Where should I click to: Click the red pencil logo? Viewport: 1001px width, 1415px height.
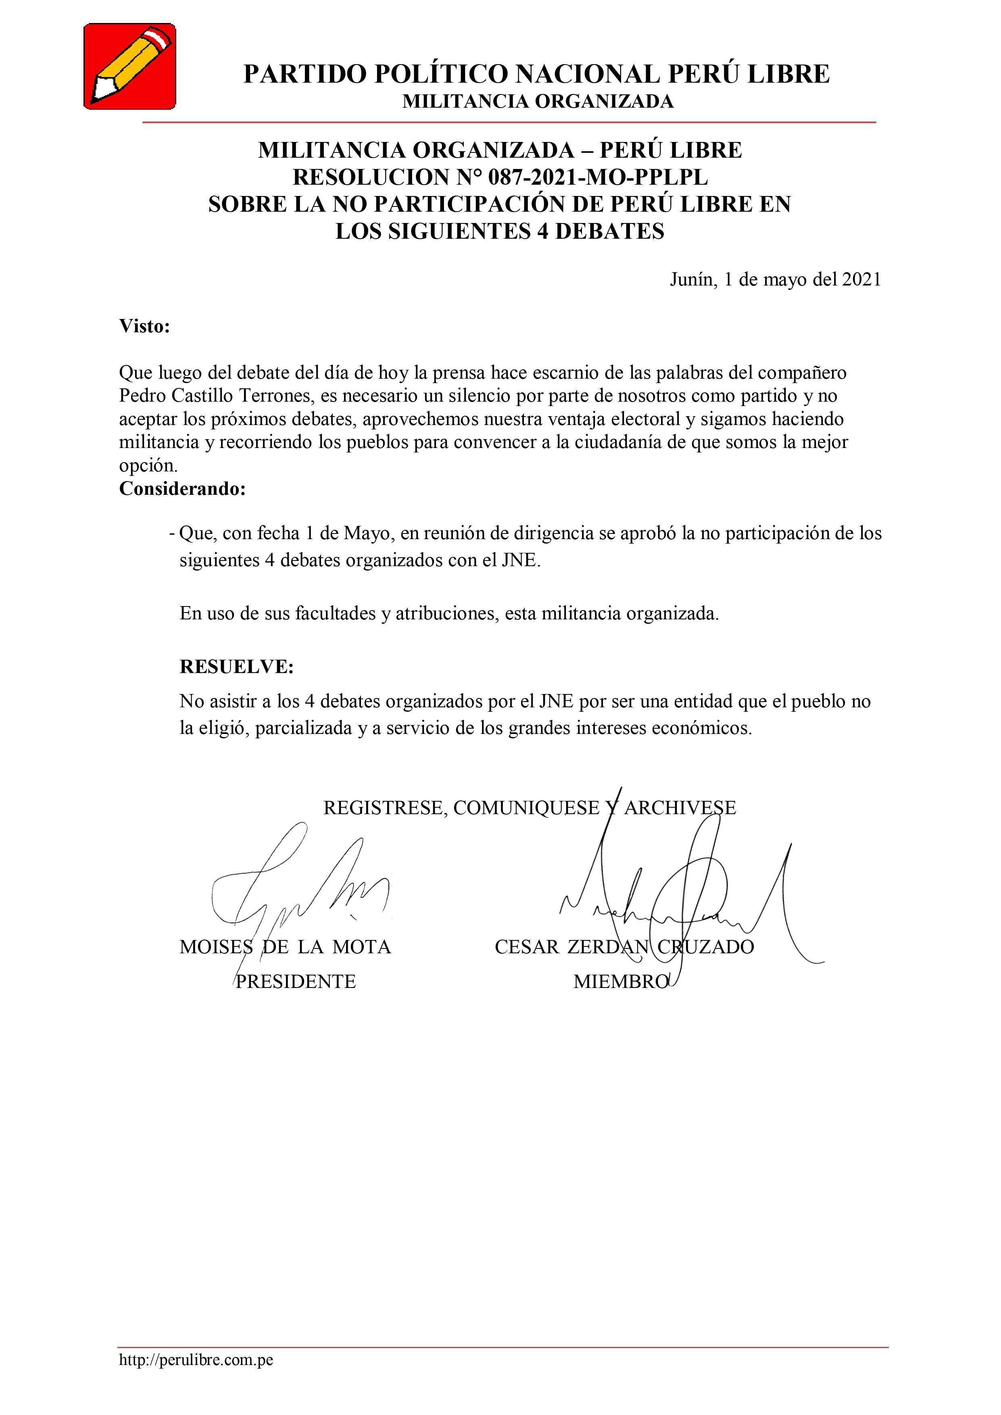point(129,67)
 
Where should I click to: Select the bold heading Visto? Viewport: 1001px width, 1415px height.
point(144,326)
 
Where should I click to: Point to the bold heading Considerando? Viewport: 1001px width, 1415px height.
point(182,489)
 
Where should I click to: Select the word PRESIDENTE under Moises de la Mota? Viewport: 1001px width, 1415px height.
point(296,981)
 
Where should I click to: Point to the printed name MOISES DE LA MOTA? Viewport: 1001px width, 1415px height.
point(285,946)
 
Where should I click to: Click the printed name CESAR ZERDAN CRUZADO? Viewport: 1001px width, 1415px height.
point(624,946)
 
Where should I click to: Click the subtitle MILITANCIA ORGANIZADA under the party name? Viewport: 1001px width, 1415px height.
point(538,102)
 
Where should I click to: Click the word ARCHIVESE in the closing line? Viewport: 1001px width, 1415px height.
point(680,808)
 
